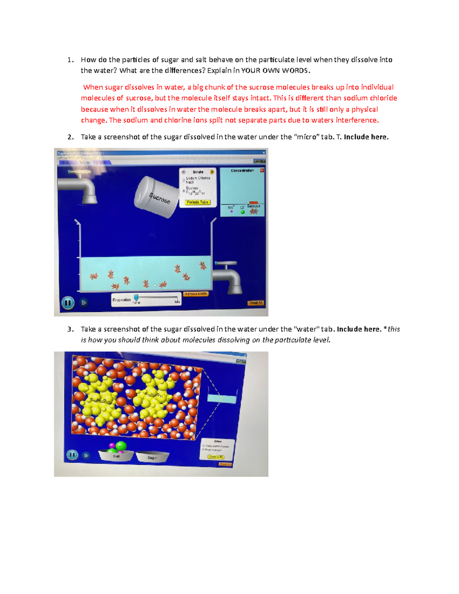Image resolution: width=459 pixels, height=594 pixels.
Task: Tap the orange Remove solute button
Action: [x=195, y=294]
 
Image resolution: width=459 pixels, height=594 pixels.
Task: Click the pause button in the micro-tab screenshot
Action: [x=68, y=303]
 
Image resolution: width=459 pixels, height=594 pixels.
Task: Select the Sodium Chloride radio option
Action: [x=184, y=179]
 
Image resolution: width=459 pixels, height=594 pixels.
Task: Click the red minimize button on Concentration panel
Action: [x=262, y=171]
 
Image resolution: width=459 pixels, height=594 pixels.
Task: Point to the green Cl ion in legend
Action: [x=243, y=212]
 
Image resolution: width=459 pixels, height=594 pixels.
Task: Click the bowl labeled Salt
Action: [x=116, y=455]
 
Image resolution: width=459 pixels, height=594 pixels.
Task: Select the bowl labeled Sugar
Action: [x=152, y=457]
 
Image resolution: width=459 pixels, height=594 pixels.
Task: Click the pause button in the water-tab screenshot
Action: [x=72, y=455]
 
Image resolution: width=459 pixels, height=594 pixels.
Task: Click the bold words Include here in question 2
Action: [x=366, y=137]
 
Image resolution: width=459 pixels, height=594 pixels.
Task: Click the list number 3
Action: [x=70, y=329]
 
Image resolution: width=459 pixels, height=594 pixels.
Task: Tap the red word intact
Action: [x=260, y=98]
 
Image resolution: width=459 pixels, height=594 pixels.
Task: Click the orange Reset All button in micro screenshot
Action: [x=256, y=303]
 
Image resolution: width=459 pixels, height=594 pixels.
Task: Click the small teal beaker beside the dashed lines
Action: [x=222, y=399]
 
